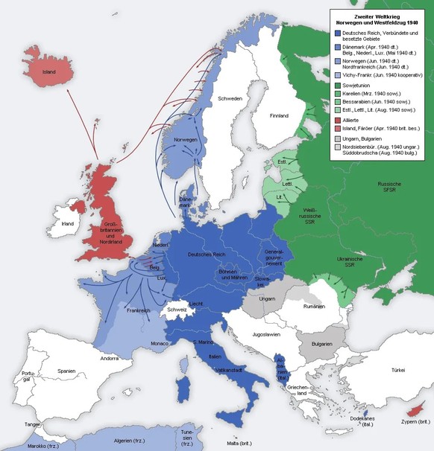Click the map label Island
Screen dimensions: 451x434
coord(49,72)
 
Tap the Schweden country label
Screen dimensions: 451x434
coord(230,98)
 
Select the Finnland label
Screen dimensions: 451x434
coord(279,116)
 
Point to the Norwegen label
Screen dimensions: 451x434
coord(184,140)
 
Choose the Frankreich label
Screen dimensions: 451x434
coord(139,310)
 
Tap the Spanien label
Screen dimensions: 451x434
coord(66,371)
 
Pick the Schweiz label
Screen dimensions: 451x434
coord(177,310)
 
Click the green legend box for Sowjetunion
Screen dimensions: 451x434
coord(338,86)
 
